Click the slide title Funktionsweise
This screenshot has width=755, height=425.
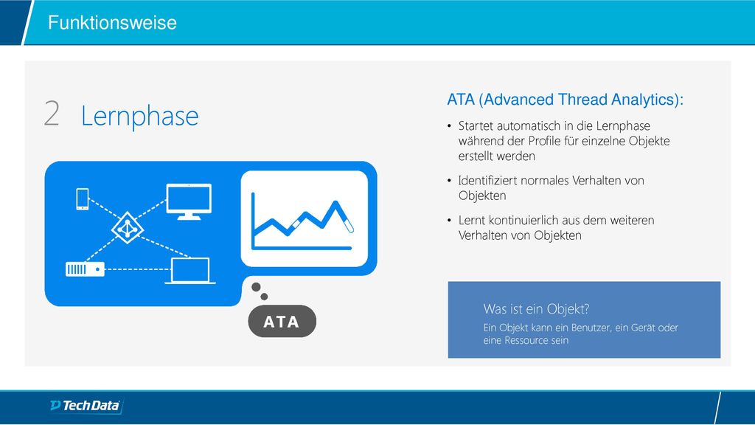[x=112, y=23]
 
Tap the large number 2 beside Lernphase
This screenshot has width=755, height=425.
[x=52, y=114]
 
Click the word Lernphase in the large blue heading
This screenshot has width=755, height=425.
[x=139, y=116]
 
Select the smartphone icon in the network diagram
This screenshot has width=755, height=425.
[x=83, y=199]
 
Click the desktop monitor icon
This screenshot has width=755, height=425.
[x=189, y=201]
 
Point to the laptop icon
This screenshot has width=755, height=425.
[x=190, y=271]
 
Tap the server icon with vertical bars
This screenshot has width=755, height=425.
[x=85, y=269]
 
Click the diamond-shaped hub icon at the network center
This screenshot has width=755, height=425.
[x=127, y=227]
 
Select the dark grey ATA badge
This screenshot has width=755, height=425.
[x=282, y=322]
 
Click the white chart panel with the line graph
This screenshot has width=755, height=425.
[x=305, y=218]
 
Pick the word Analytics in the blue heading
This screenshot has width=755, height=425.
[x=644, y=100]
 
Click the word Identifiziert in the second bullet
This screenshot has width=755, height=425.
[x=488, y=181]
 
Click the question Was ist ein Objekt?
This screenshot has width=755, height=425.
[x=537, y=309]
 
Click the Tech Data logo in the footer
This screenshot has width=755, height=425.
[x=86, y=406]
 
